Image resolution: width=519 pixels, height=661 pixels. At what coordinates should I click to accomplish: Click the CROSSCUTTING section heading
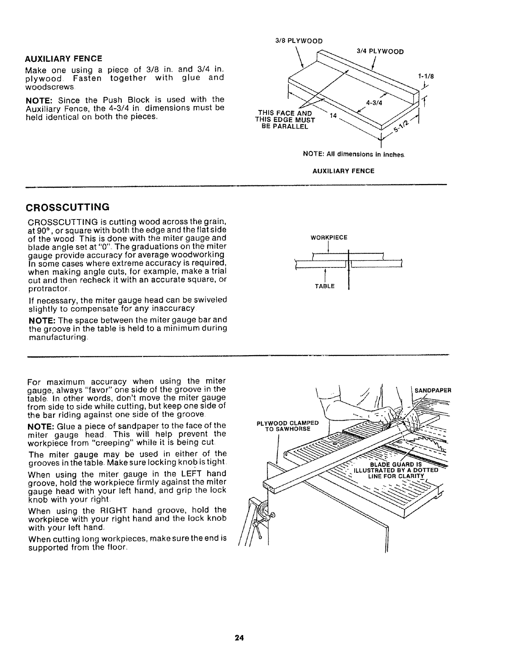tap(68, 207)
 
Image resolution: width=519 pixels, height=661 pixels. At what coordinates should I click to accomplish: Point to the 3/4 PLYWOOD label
tap(380, 52)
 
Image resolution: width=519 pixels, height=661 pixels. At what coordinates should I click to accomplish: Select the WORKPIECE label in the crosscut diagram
tap(329, 238)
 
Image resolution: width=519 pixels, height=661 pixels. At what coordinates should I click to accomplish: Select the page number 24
tap(239, 638)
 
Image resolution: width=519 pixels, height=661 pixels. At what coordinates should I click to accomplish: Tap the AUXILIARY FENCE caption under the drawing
tap(343, 171)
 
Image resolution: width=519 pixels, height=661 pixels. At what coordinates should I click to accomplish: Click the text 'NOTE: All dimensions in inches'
tap(353, 155)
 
